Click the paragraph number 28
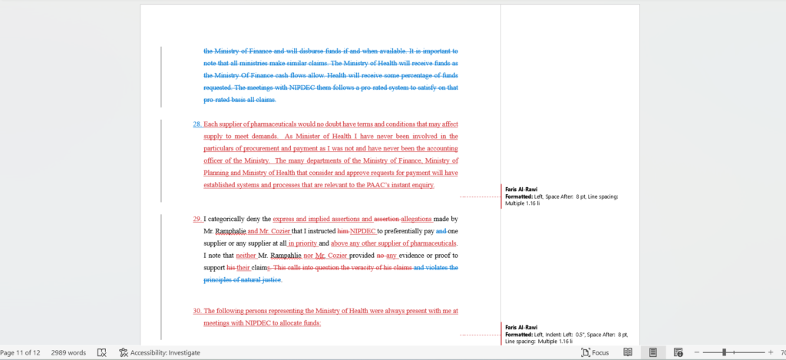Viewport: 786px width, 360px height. pos(196,124)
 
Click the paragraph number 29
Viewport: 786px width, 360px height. pos(196,219)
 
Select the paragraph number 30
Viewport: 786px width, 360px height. pos(196,311)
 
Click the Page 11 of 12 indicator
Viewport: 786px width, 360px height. pos(20,353)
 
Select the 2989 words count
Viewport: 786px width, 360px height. pos(68,353)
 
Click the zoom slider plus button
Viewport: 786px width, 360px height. pos(770,352)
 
